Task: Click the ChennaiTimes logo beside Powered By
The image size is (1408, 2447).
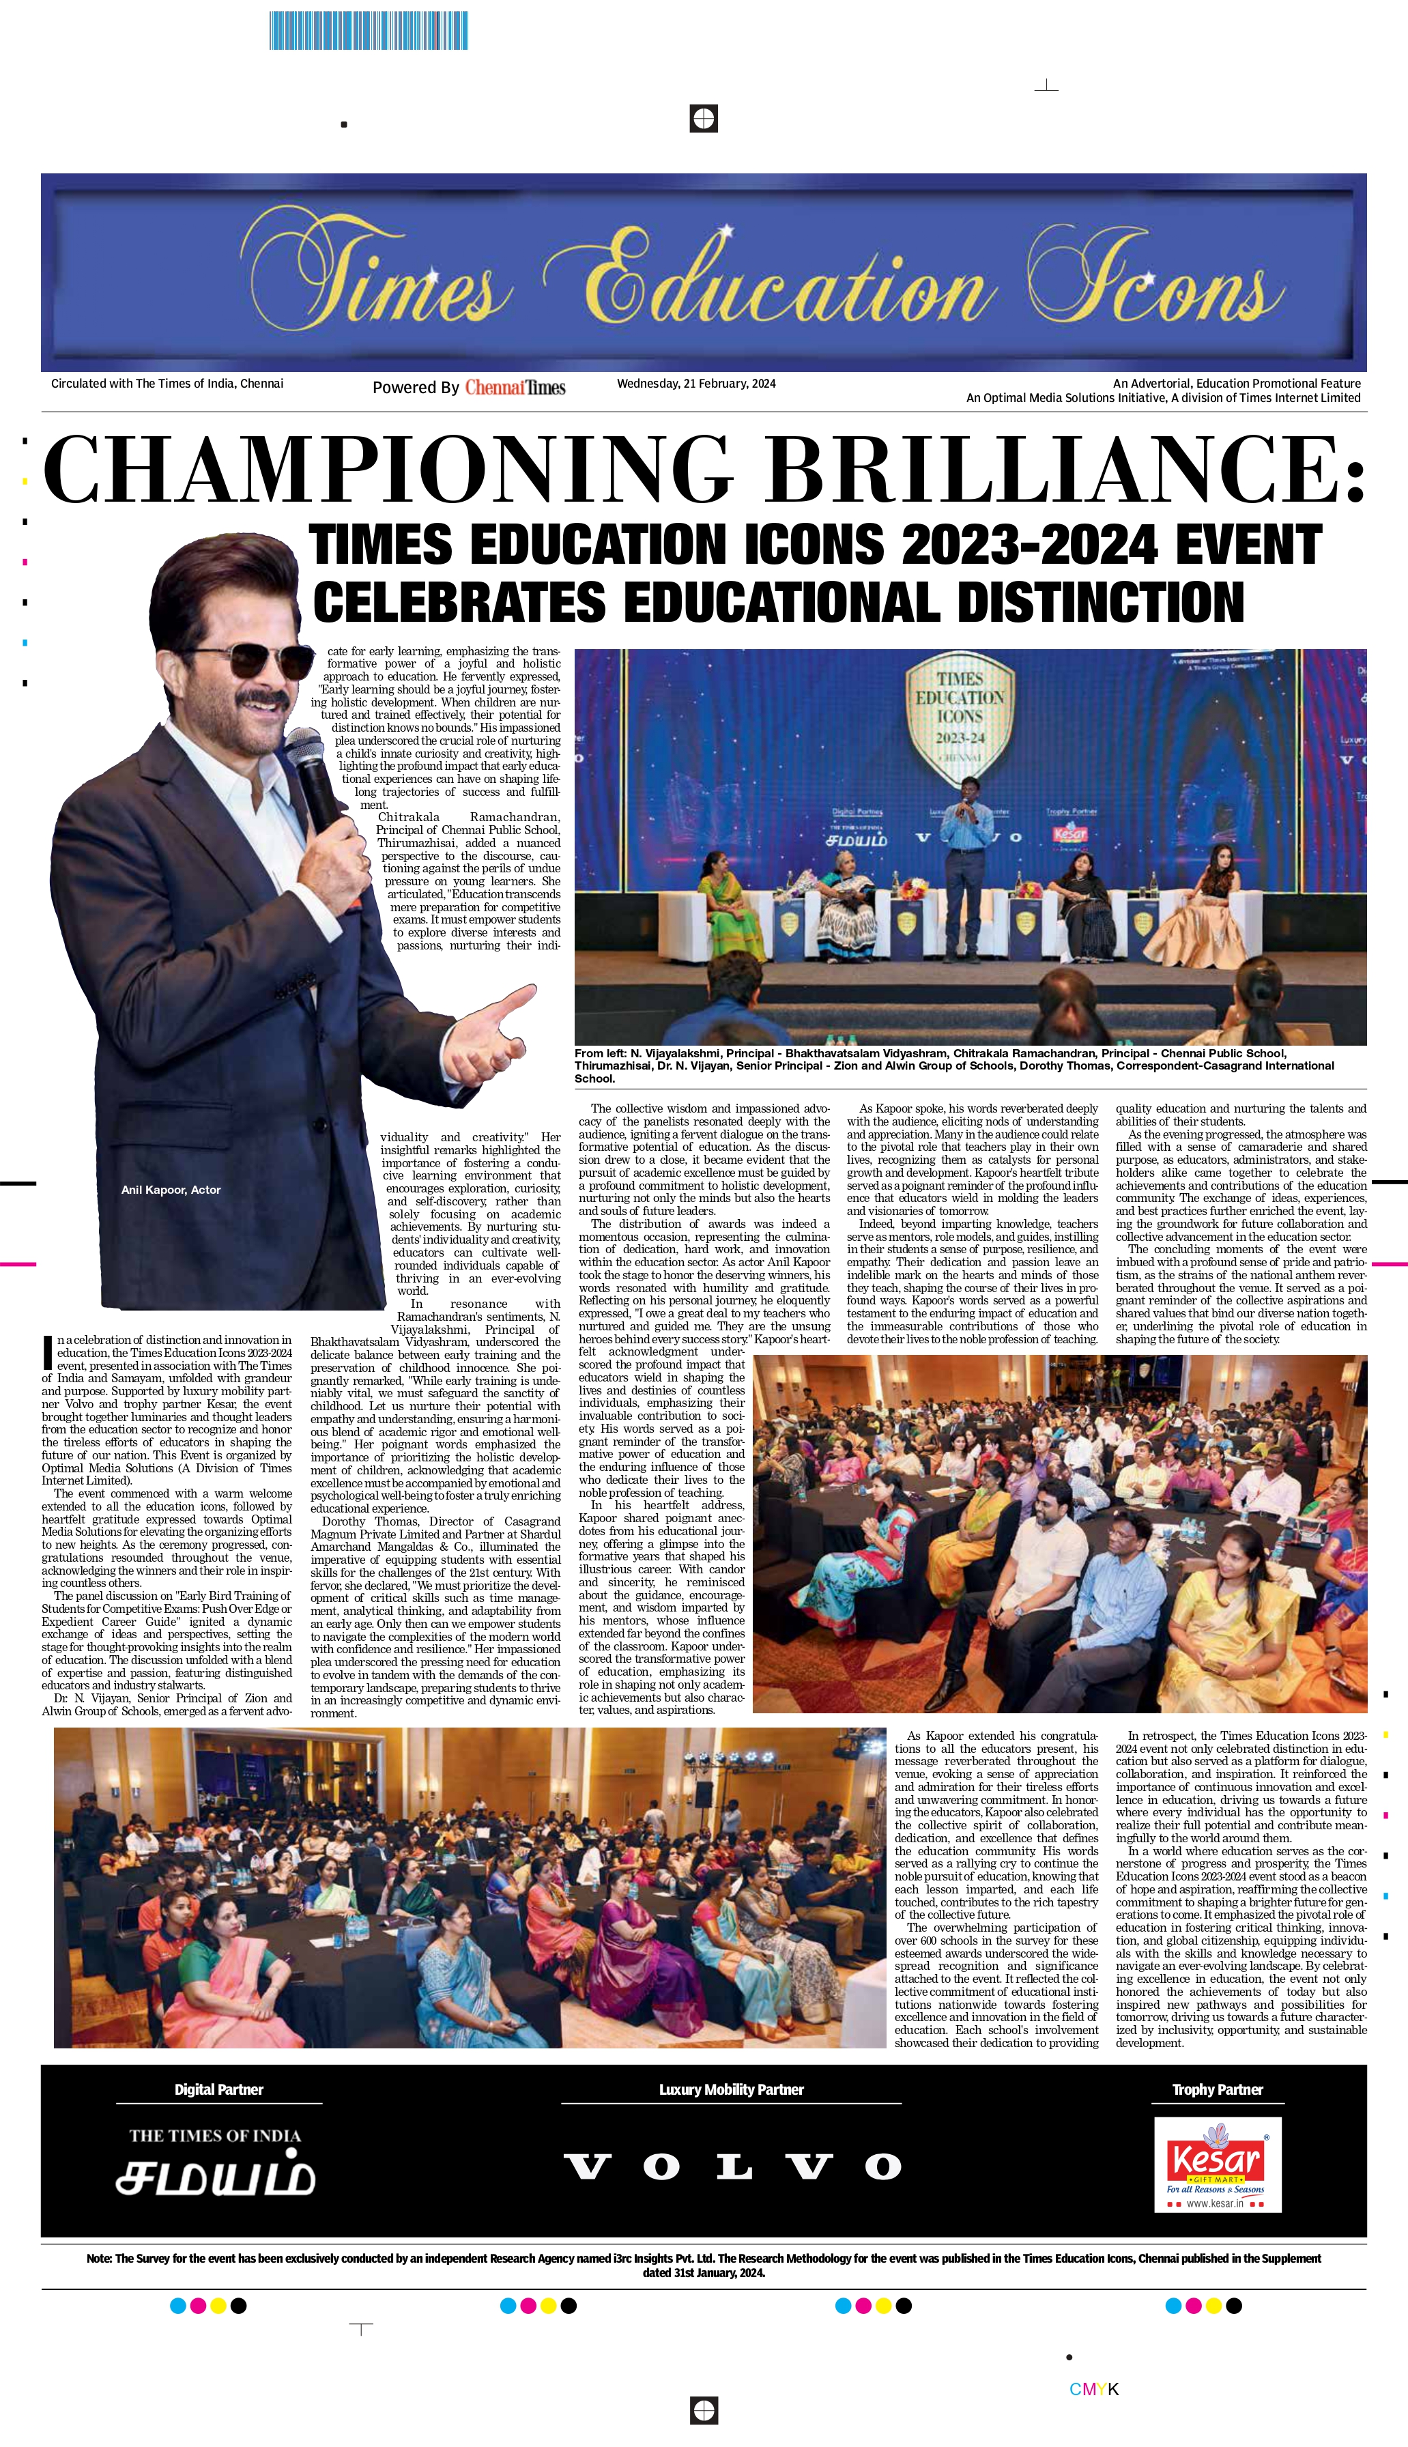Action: point(515,388)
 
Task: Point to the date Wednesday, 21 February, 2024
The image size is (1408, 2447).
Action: point(696,384)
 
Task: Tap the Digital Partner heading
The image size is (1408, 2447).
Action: point(218,2089)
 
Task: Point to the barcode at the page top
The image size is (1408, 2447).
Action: point(369,30)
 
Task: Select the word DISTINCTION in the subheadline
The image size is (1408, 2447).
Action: point(1100,602)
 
